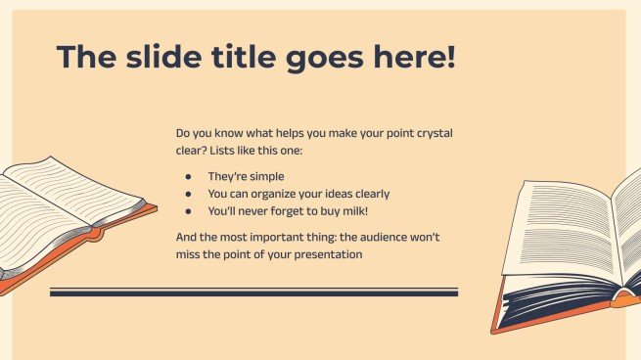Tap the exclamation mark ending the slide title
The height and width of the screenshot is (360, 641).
pyautogui.click(x=451, y=56)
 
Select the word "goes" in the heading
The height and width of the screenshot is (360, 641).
pyautogui.click(x=324, y=60)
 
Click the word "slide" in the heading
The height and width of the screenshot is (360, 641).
pyautogui.click(x=163, y=57)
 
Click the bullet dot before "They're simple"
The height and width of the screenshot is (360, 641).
pyautogui.click(x=188, y=176)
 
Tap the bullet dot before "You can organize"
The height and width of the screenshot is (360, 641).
pyautogui.click(x=188, y=194)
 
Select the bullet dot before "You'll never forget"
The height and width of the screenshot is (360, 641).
pyautogui.click(x=188, y=211)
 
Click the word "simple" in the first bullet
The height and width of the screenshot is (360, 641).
pyautogui.click(x=266, y=176)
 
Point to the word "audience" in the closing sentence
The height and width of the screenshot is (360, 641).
pyautogui.click(x=384, y=237)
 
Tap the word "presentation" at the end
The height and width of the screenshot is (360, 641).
pyautogui.click(x=328, y=254)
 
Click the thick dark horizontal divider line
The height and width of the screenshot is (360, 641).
pyautogui.click(x=253, y=292)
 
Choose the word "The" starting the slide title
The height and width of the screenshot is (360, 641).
pyautogui.click(x=86, y=57)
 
